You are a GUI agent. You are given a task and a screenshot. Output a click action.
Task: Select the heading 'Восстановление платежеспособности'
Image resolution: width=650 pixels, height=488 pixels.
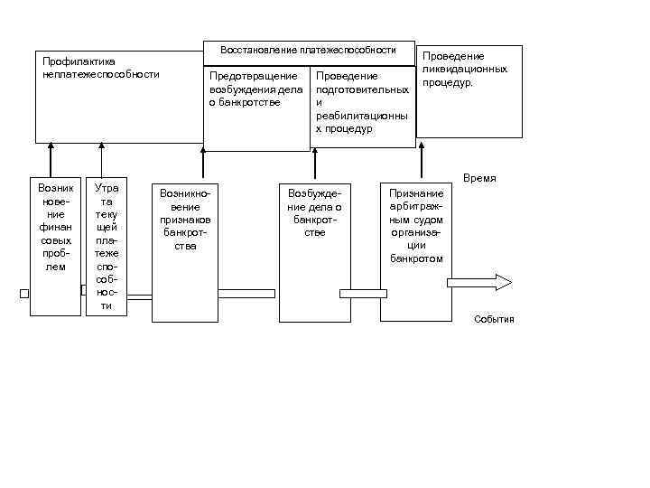point(309,51)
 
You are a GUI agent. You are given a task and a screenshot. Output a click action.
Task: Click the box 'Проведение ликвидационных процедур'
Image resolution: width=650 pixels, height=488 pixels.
point(470,90)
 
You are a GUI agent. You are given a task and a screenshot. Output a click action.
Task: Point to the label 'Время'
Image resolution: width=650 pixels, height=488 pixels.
point(479,179)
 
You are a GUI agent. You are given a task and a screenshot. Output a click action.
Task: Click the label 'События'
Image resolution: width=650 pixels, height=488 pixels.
point(494,319)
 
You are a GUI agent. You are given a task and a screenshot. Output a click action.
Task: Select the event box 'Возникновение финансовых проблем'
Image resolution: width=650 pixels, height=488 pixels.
point(55,244)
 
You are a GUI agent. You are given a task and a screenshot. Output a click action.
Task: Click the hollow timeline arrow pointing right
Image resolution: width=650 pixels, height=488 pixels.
point(479,282)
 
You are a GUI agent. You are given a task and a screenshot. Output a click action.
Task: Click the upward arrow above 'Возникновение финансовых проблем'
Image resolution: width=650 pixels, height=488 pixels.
point(56,158)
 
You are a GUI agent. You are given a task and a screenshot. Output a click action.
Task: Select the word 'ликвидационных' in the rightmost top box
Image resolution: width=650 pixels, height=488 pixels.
point(469,69)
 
